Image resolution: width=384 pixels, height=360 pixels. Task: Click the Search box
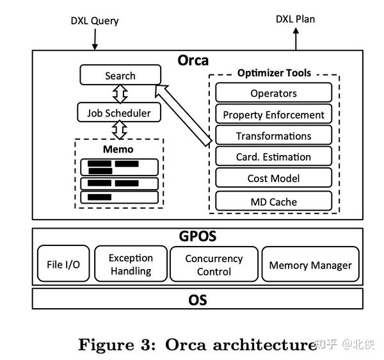point(120,75)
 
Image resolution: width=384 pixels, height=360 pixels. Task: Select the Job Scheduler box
point(118,113)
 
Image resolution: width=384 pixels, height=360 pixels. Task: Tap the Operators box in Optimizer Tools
point(273,93)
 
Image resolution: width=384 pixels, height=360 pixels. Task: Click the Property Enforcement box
point(273,115)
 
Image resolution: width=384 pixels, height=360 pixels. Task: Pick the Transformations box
point(273,135)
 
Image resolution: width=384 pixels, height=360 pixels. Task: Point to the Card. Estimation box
point(273,156)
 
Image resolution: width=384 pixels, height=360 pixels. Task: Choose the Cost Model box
point(273,178)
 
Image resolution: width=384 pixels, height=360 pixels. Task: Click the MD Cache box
point(273,201)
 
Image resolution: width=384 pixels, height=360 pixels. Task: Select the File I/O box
point(63,264)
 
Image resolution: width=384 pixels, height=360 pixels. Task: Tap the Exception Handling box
point(131,264)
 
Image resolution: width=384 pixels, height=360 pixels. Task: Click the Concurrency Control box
point(214,264)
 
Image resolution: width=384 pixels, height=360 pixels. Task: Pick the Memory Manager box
point(310,265)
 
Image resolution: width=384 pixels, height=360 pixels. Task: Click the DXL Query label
point(95,20)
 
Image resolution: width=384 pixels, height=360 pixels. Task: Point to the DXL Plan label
point(295,19)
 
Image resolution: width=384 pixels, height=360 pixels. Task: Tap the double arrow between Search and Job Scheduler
point(119,94)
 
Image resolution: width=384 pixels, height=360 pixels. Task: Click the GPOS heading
point(197,236)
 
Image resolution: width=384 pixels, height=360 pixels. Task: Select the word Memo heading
point(118,149)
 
